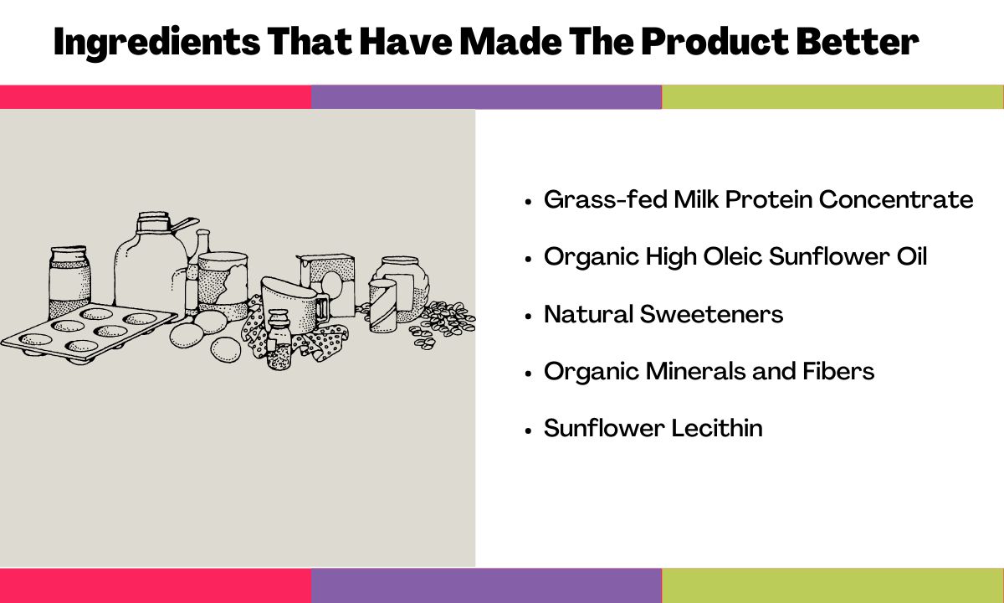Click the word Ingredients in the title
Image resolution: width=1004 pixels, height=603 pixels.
[157, 43]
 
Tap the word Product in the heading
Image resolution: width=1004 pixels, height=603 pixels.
[715, 41]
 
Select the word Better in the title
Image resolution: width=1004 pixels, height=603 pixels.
[858, 41]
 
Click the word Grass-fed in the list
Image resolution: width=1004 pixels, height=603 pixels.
[606, 199]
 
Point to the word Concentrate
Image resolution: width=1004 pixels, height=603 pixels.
[896, 199]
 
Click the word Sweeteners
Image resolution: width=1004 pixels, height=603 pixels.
[711, 314]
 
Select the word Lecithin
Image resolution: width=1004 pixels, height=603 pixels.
[717, 428]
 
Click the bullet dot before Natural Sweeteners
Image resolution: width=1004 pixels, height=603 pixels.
[528, 317]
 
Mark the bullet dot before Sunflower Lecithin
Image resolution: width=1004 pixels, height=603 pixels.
[528, 430]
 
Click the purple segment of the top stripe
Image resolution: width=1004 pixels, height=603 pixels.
[486, 97]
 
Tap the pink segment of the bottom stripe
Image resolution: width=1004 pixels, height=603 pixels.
[156, 585]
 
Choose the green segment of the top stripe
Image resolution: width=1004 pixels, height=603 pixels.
[832, 97]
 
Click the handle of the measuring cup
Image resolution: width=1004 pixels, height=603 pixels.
[322, 308]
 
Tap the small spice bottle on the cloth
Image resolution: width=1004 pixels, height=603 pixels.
[279, 339]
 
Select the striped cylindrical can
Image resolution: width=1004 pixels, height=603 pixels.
[383, 306]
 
